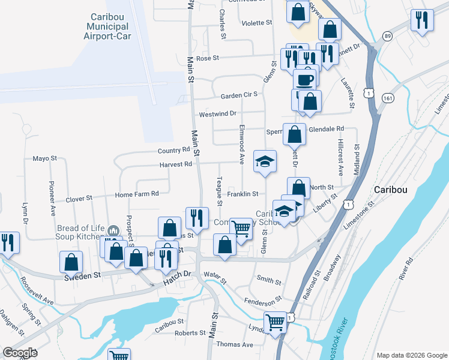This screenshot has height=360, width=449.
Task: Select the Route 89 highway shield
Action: [x=388, y=37]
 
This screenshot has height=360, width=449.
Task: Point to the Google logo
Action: [x=20, y=353]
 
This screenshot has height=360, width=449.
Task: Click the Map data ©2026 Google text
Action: [x=412, y=355]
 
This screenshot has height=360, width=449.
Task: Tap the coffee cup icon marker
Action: [x=304, y=79]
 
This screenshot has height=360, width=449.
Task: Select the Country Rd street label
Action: [x=173, y=150]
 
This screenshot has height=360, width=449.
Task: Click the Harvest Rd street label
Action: [x=175, y=164]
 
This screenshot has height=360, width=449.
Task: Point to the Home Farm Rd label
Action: [x=136, y=194]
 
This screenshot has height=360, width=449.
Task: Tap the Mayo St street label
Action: [x=44, y=159]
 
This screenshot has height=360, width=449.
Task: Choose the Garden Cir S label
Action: [x=238, y=95]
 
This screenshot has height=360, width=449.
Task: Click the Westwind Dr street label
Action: [x=218, y=113]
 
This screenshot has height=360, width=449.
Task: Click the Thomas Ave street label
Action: [x=235, y=344]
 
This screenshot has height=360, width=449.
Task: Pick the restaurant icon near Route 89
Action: [x=423, y=20]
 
